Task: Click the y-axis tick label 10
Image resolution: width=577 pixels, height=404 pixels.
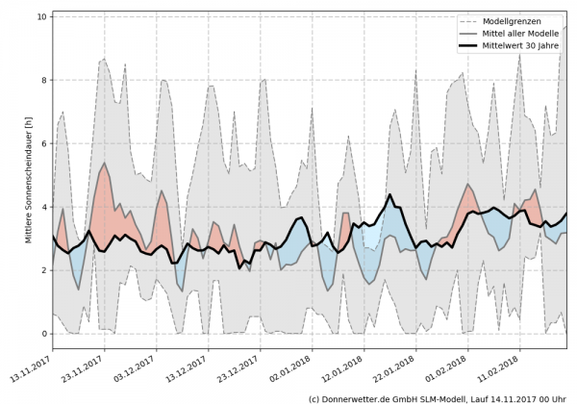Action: pos(41,16)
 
